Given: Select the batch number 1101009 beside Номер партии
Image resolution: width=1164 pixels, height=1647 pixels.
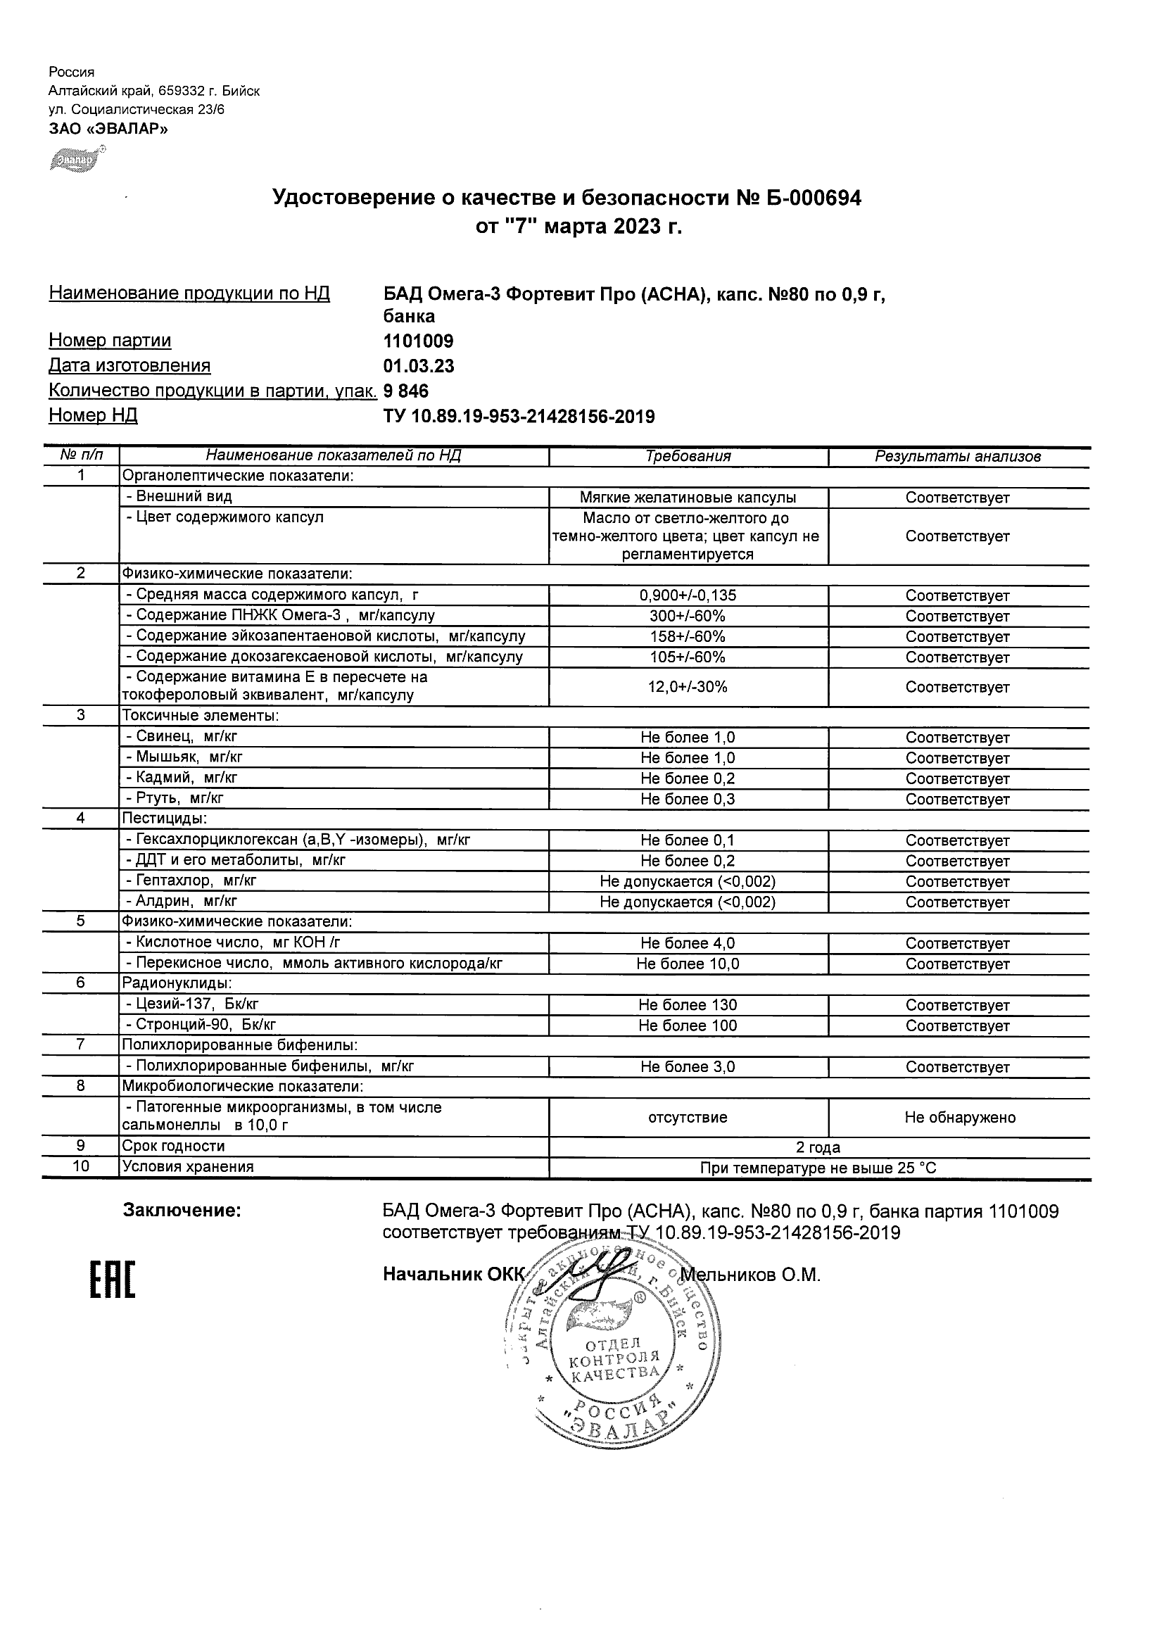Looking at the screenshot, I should (x=418, y=341).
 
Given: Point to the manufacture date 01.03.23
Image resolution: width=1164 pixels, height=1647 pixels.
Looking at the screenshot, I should (x=419, y=366).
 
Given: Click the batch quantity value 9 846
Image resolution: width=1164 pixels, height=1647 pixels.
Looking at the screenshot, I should (x=406, y=391).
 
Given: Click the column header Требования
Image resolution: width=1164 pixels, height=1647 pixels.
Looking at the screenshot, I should (x=688, y=456).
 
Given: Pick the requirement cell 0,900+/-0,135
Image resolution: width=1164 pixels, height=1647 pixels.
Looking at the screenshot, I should (x=688, y=595).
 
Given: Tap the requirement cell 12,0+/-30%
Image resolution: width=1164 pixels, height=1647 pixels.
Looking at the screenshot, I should (x=688, y=686).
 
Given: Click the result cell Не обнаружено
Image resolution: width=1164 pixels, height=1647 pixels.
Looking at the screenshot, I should (x=960, y=1117).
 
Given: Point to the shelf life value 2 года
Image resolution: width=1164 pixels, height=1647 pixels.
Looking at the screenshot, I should (x=818, y=1147).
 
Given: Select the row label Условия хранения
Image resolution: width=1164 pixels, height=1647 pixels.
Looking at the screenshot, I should (x=188, y=1167).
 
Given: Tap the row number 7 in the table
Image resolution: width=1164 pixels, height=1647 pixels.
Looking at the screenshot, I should (x=80, y=1045).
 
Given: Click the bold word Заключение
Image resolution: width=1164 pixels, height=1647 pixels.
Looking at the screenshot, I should (x=182, y=1211).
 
